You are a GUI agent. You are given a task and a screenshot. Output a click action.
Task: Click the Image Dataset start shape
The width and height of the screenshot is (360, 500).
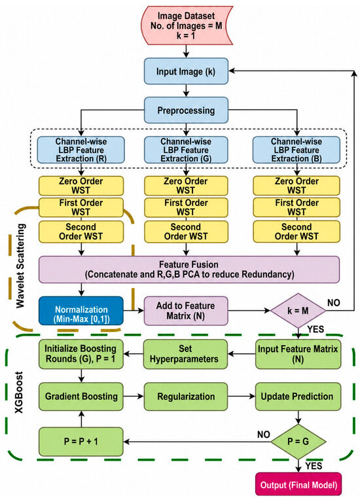187,25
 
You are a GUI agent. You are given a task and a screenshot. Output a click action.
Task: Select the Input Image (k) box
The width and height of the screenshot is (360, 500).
186,71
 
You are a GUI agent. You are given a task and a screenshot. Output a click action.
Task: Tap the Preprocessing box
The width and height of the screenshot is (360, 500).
186,111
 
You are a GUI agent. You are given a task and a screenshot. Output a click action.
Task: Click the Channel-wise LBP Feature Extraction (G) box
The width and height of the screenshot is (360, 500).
186,150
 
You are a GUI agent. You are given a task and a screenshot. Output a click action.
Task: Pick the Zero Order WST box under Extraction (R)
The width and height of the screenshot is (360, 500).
81,186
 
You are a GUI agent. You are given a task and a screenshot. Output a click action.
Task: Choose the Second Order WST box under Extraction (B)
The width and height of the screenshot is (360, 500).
297,232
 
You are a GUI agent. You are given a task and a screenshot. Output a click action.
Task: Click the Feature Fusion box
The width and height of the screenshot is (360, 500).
189,270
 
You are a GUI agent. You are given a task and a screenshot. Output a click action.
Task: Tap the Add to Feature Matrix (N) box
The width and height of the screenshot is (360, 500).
186,311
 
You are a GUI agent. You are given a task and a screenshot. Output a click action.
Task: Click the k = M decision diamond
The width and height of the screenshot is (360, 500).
298,310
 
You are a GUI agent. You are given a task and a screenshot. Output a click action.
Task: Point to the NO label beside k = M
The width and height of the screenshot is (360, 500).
334,302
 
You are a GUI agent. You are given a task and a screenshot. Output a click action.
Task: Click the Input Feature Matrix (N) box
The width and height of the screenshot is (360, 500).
298,354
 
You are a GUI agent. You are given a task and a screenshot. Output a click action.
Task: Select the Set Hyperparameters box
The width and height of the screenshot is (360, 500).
185,354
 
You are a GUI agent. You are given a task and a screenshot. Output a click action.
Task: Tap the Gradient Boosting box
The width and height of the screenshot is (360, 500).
81,397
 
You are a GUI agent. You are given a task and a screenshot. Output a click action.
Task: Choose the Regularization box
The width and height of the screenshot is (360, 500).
186,397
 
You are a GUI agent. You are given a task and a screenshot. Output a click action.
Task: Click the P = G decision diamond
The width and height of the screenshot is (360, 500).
298,442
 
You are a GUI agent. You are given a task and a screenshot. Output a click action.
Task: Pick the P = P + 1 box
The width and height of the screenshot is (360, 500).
81,442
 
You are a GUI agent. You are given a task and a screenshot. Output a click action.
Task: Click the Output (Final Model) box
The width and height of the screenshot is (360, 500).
298,485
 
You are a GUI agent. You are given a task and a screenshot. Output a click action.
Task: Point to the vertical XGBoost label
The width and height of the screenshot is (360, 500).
20,392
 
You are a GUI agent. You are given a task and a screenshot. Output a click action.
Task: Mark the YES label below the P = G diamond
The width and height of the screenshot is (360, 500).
314,466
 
